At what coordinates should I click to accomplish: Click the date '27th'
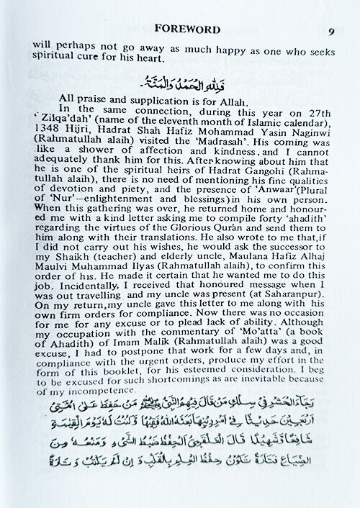point(312,109)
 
